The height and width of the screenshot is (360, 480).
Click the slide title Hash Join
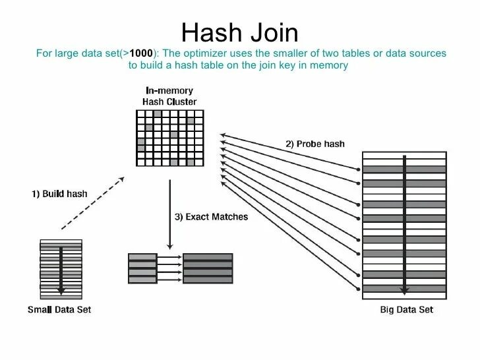[x=239, y=32]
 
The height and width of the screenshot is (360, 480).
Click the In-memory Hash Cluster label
[x=169, y=96]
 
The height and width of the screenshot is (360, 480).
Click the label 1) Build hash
[x=60, y=194]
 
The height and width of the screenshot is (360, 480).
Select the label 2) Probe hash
[x=315, y=144]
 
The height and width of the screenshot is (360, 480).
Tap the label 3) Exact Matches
[x=211, y=216]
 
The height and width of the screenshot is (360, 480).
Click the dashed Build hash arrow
[x=93, y=202]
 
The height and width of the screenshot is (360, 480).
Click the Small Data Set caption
[x=59, y=309]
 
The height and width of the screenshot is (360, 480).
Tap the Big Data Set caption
[x=405, y=309]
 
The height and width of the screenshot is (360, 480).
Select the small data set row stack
[x=60, y=267]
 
